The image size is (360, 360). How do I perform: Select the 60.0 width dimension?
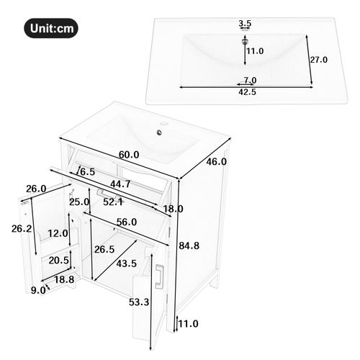[x=129, y=155]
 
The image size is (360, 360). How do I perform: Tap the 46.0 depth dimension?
[x=217, y=162]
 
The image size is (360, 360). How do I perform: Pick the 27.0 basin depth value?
[x=318, y=60]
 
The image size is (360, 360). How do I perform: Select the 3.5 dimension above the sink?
[x=245, y=24]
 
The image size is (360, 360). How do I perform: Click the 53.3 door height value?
[x=139, y=302]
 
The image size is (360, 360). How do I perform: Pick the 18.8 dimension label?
[x=64, y=279]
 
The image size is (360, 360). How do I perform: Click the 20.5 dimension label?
[x=59, y=261]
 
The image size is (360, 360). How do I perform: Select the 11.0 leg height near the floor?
[x=189, y=324]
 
